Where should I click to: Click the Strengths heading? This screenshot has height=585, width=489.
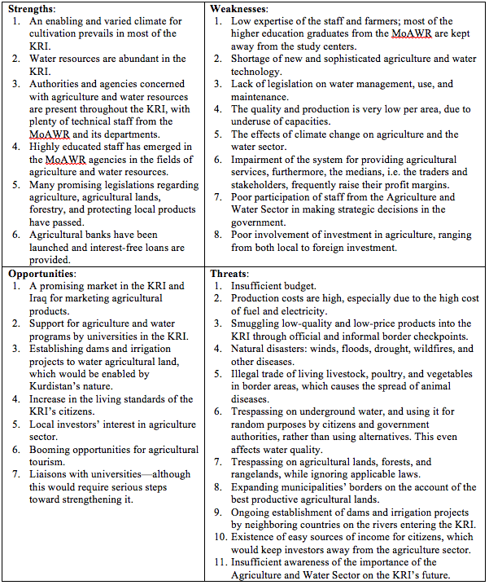click(x=31, y=8)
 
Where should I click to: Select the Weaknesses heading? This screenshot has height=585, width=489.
click(x=240, y=8)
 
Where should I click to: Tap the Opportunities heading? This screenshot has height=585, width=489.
click(x=41, y=274)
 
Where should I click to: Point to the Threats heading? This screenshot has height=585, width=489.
click(x=230, y=274)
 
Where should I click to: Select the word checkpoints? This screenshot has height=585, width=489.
click(x=437, y=336)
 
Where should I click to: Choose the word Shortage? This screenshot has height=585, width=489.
click(x=255, y=59)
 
